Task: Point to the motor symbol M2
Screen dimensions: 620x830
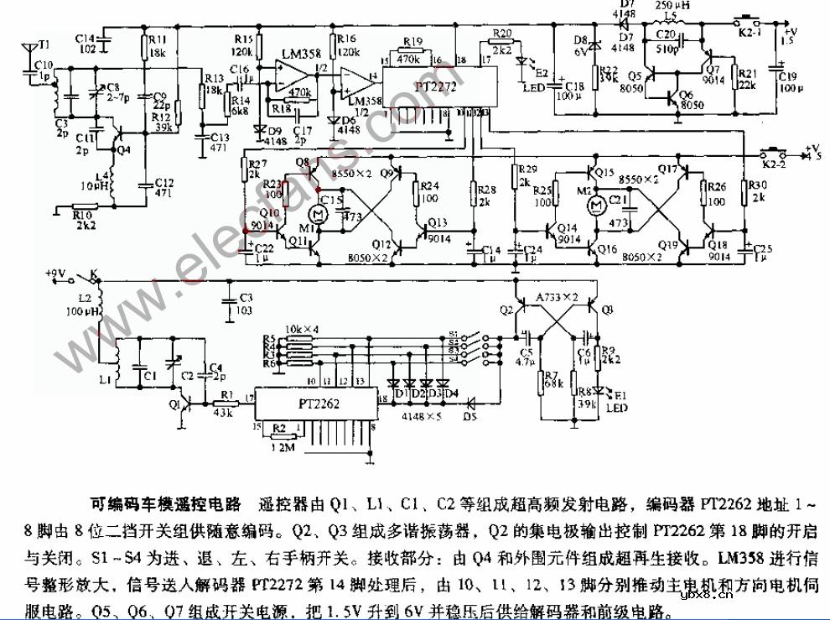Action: click(x=597, y=204)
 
